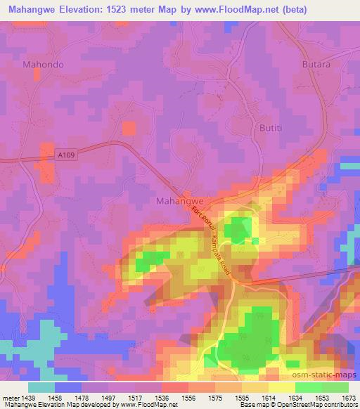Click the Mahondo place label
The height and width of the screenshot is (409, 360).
[x=44, y=64]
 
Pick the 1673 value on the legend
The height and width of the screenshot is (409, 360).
[x=349, y=397]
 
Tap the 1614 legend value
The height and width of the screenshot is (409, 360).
[x=268, y=397]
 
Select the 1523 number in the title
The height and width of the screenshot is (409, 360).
[x=141, y=10]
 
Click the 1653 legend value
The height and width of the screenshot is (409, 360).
[x=323, y=397]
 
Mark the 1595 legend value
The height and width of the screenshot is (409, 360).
[x=241, y=397]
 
